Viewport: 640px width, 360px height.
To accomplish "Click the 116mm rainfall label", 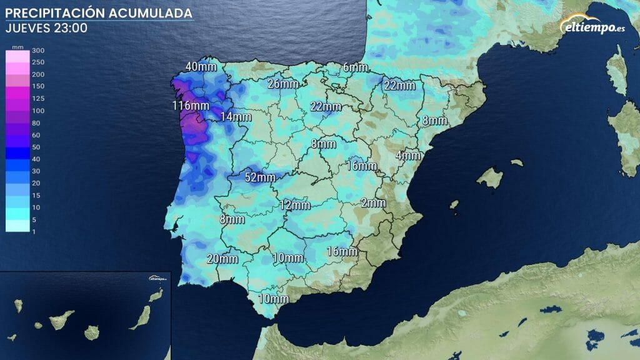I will (x=190, y=106).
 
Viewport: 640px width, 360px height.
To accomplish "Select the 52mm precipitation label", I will (x=259, y=177).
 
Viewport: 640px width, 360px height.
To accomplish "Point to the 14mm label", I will (x=236, y=116).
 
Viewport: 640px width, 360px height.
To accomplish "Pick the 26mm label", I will (x=282, y=84).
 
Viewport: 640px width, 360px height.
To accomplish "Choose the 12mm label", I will (x=294, y=204).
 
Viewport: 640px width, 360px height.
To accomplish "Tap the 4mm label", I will (x=407, y=155).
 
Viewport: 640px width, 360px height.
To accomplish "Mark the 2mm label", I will (x=373, y=202).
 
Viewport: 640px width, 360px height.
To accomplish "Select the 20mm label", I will (x=222, y=259).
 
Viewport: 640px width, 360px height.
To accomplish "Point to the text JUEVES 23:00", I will (x=46, y=28).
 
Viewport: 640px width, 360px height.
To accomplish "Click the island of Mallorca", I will (x=491, y=177).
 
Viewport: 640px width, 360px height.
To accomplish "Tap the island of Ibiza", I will (x=454, y=205).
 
